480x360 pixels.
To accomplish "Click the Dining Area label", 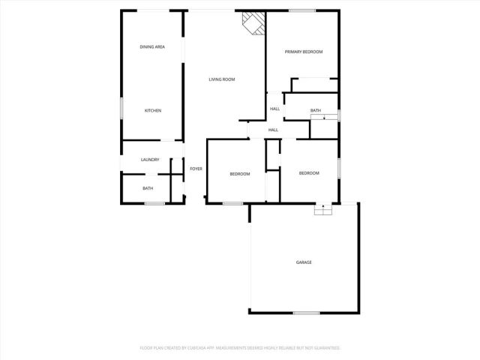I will [x=152, y=47].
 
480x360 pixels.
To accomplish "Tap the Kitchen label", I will [x=152, y=111].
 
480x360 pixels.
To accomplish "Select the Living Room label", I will [x=222, y=79].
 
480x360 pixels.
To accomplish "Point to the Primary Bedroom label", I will [x=303, y=52].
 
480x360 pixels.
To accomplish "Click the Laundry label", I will [x=150, y=160].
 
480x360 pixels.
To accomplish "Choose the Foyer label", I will [x=196, y=169].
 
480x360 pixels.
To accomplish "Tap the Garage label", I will [x=304, y=262].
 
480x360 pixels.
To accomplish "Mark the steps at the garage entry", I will [x=322, y=211].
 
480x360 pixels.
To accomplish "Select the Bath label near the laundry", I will [x=148, y=188].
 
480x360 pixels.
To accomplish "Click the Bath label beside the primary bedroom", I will [x=316, y=111].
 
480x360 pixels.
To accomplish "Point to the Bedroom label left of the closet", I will [x=239, y=174].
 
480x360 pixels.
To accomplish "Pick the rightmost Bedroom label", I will [x=309, y=173].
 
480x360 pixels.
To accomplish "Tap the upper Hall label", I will [x=275, y=109].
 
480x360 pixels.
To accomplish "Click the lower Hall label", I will [x=273, y=130].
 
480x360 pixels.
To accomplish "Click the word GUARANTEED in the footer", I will [x=326, y=348].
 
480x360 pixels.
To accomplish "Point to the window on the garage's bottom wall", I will [x=306, y=313].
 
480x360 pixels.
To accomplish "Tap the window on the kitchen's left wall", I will [x=122, y=108].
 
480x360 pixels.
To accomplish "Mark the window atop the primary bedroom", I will [x=301, y=10].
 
